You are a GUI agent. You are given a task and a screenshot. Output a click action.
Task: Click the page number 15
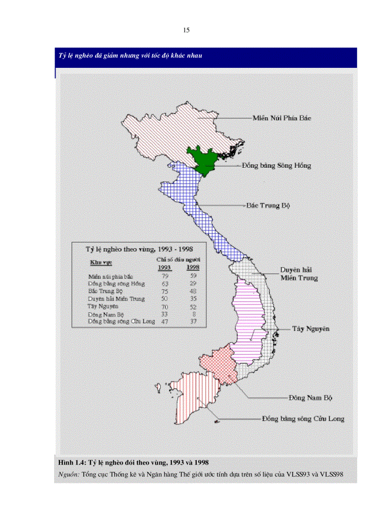186,31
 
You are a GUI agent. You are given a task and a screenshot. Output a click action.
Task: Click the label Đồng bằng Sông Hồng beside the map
276,166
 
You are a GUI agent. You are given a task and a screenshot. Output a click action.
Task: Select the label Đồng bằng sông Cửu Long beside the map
303,418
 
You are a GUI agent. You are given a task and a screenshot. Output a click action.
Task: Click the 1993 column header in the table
164,268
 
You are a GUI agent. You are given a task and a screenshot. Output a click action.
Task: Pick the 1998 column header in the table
193,268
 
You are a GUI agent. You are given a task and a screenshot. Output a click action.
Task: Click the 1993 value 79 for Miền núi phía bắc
165,276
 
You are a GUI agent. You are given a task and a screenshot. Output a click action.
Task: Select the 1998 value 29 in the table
193,284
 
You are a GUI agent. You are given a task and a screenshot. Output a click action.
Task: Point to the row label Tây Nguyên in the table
102,306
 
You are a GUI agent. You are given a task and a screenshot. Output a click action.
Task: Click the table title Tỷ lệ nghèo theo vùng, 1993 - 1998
138,249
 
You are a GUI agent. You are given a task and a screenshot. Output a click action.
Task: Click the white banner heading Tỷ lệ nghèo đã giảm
130,56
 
